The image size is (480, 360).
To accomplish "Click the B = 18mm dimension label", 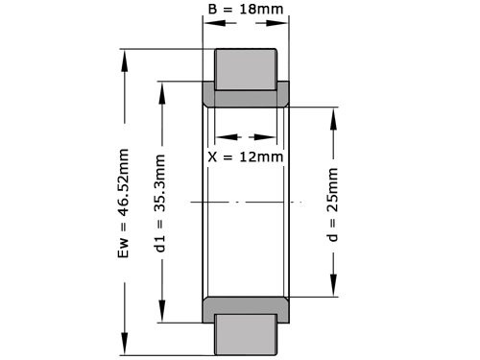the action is tap(245, 10).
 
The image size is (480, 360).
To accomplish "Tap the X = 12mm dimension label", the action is tap(246, 156).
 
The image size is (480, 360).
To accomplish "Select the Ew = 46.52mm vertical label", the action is tap(123, 202).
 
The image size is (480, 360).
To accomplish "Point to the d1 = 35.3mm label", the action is tap(160, 202).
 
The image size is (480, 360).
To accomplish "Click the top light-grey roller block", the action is tap(245, 67).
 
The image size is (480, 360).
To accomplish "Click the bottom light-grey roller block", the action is tap(245, 334).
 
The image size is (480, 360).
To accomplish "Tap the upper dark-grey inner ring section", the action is tap(246, 97).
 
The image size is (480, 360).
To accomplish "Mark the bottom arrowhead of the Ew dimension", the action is tap(123, 351).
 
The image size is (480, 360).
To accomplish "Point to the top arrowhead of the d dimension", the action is tap(333, 110).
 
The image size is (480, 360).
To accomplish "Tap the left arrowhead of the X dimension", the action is tap(217, 136).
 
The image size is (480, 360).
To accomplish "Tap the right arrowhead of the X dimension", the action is tap(275, 136).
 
